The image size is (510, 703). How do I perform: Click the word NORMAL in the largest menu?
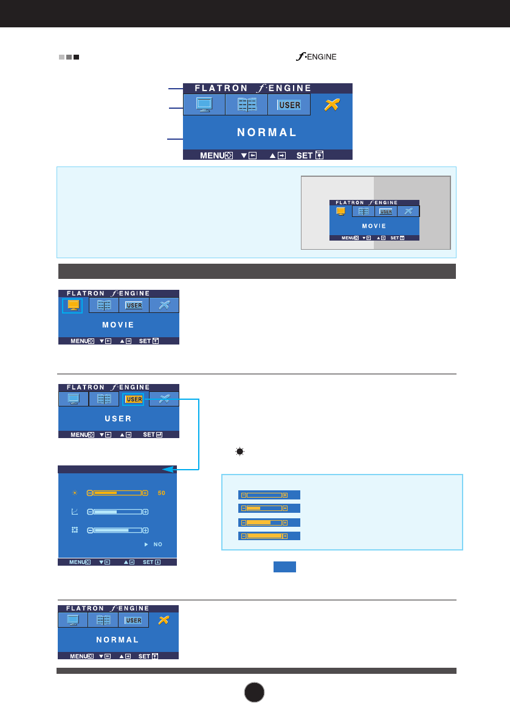tap(267, 132)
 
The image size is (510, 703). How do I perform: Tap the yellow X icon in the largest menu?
tap(331, 105)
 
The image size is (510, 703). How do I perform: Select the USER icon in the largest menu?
tap(289, 105)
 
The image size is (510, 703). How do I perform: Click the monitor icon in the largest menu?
tap(204, 105)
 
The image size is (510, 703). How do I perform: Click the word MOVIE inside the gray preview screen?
tap(374, 225)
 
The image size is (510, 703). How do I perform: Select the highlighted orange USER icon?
tap(133, 399)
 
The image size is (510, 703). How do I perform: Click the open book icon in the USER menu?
tap(103, 399)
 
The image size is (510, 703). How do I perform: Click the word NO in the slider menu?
tap(157, 544)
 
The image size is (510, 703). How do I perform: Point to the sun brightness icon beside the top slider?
tap(75, 493)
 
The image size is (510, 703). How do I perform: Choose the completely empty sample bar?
tap(269, 495)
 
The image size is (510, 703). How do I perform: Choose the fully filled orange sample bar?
tap(269, 536)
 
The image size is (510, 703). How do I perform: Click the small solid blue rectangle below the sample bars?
tap(284, 567)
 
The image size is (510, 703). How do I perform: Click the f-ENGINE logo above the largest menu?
tap(315, 57)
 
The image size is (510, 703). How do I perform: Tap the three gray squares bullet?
tap(69, 58)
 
